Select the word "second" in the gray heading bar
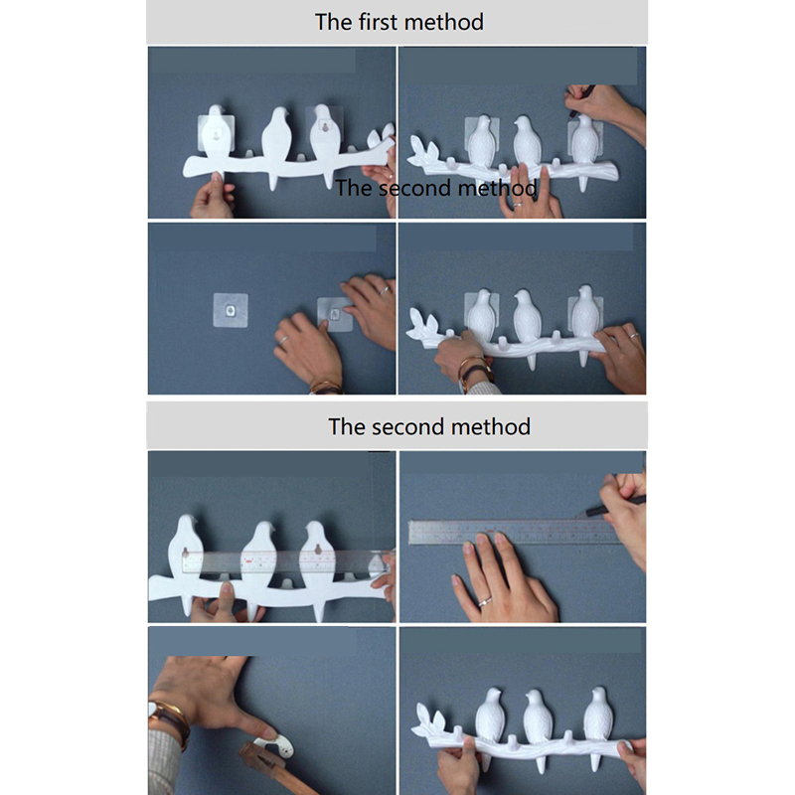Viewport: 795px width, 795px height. (408, 427)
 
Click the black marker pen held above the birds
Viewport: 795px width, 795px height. (581, 100)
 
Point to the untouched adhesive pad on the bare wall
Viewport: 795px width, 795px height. (231, 310)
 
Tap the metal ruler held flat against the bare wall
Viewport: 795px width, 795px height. (513, 532)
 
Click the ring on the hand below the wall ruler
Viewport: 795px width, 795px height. (485, 602)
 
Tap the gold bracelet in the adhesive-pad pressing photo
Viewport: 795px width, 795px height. (325, 388)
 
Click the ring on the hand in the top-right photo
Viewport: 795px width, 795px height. (517, 205)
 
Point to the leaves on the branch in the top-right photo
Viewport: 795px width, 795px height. (423, 151)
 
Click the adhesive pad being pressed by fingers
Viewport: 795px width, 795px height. (335, 314)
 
